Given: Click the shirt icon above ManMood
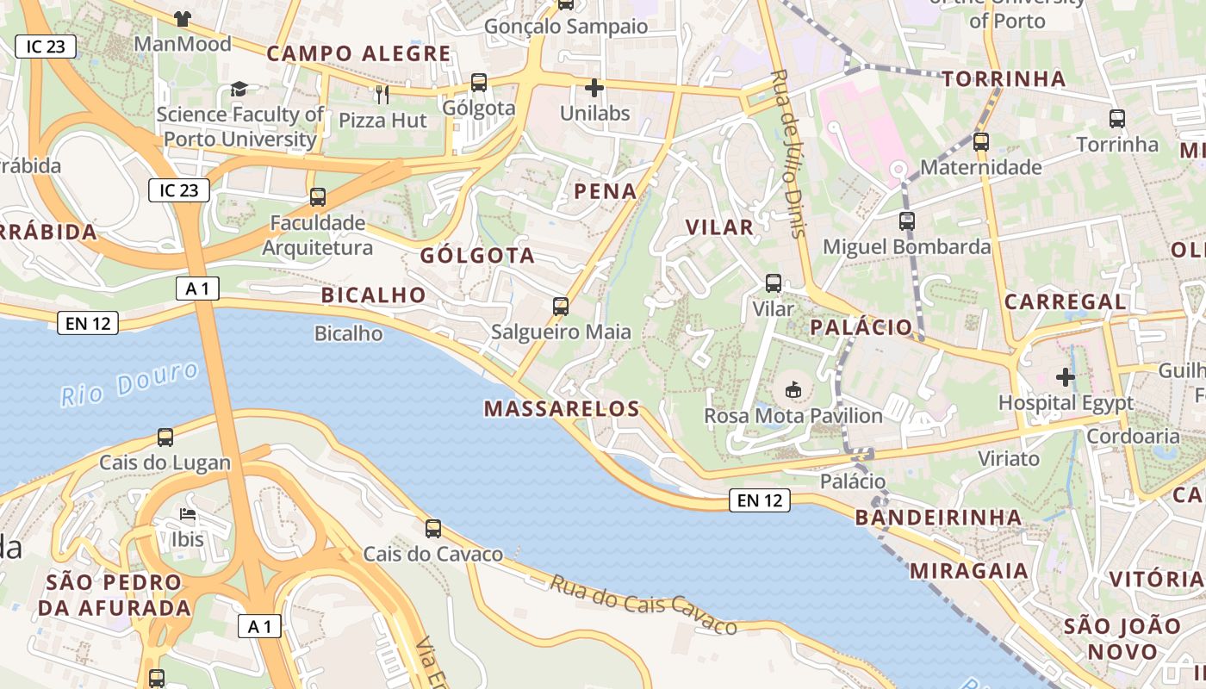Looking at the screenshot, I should coord(182,18).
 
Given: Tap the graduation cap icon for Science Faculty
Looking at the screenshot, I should coord(239,89).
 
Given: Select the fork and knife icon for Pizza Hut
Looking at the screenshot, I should coord(382,94).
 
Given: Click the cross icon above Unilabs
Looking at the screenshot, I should coord(594,87).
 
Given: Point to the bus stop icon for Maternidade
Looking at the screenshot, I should coord(980,141).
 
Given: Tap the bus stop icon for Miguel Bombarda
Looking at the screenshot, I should coord(906,221).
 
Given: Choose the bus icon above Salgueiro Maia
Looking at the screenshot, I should coord(561,306).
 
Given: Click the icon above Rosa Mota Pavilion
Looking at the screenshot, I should coord(793,390).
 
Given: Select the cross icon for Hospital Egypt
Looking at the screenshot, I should coord(1066,376).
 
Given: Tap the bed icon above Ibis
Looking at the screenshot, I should coord(188,514).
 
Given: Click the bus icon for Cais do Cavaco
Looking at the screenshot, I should coord(433,528).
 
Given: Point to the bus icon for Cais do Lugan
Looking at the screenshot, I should coord(165,437).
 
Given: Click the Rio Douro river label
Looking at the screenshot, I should coord(130,382).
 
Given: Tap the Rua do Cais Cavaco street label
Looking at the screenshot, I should coord(643,605).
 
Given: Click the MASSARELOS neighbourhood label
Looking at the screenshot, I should coord(562,408).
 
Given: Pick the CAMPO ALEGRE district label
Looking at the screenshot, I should coord(358,53).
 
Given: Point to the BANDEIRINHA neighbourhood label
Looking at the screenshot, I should coord(939,517).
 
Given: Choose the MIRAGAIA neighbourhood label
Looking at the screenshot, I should coord(969,570).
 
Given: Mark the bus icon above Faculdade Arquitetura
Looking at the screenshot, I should coord(318,197).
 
